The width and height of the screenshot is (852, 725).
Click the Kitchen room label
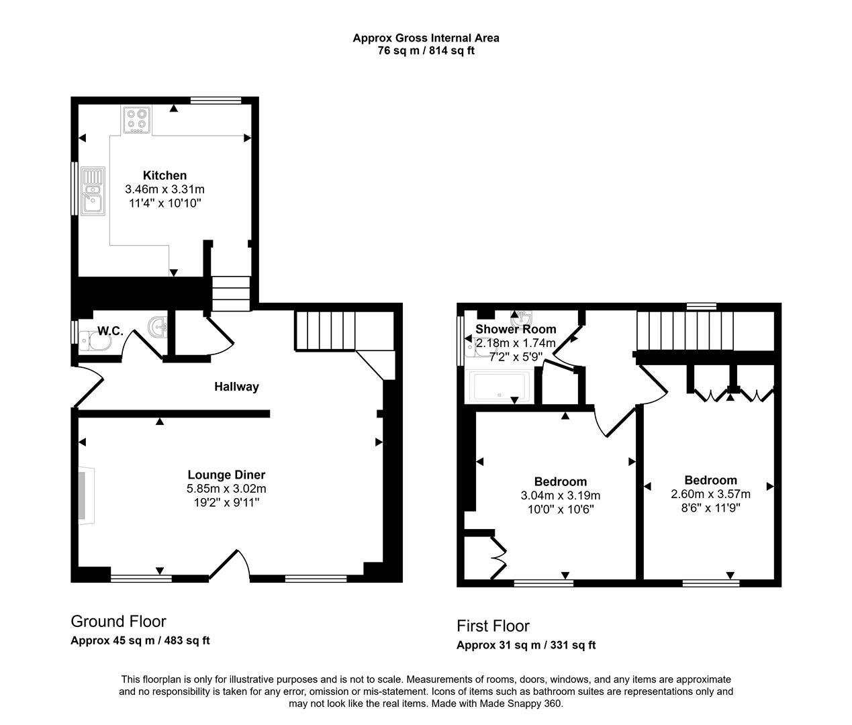pos(164,176)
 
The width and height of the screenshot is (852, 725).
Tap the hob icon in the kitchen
pos(137,119)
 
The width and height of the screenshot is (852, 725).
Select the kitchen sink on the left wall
pos(92,191)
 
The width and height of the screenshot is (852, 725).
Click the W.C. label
pos(110,331)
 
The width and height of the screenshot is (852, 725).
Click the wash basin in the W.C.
pos(158,327)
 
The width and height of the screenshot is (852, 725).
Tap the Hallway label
pos(236,387)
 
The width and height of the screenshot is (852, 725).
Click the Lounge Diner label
pos(226,475)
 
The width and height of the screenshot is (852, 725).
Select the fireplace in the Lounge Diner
pos(85,495)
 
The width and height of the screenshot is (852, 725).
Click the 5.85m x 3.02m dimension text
pos(226,489)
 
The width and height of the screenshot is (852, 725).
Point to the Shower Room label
pos(516,330)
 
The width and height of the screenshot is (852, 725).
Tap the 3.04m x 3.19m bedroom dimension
pos(560,495)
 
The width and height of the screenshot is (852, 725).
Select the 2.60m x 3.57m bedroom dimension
pos(710,493)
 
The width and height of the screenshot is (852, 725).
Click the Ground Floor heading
pos(118,622)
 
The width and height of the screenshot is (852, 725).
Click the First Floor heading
pos(493,626)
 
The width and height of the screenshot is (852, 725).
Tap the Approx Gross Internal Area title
pos(426,38)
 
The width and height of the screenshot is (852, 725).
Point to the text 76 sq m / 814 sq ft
pos(426,50)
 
